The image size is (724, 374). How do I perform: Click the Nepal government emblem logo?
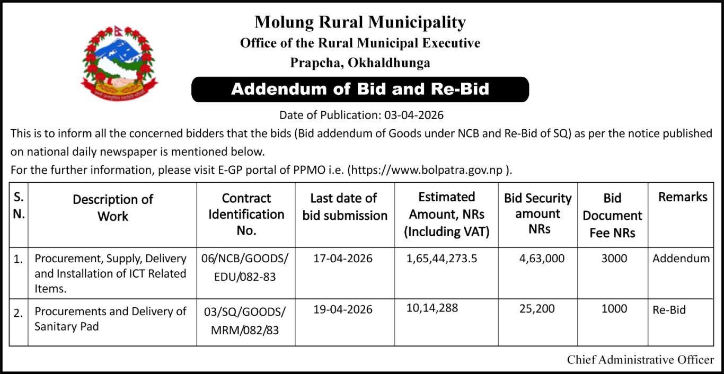pos(119,63)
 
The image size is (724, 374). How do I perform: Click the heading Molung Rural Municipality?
pos(360,22)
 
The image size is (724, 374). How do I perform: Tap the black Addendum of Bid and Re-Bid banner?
pos(360,89)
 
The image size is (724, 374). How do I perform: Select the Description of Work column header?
pos(112,208)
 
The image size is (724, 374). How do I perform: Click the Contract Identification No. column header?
pos(246,214)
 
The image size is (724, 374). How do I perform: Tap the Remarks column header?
pos(683,197)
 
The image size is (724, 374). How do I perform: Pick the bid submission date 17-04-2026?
pos(342,259)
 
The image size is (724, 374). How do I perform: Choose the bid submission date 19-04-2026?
pos(342,309)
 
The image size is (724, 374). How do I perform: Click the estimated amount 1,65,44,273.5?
pos(442,259)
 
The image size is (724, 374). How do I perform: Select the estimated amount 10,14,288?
pos(432,307)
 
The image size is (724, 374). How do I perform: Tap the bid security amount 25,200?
pos(537,309)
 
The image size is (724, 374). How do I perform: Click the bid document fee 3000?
pos(614,259)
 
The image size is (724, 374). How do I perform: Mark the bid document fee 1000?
pos(614,309)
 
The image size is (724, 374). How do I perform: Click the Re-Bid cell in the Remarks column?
pos(669,310)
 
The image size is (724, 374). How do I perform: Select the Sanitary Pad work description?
pos(110,318)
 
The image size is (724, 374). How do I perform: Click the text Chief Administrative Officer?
pos(640,360)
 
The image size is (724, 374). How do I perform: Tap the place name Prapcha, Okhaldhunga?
pos(360,63)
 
